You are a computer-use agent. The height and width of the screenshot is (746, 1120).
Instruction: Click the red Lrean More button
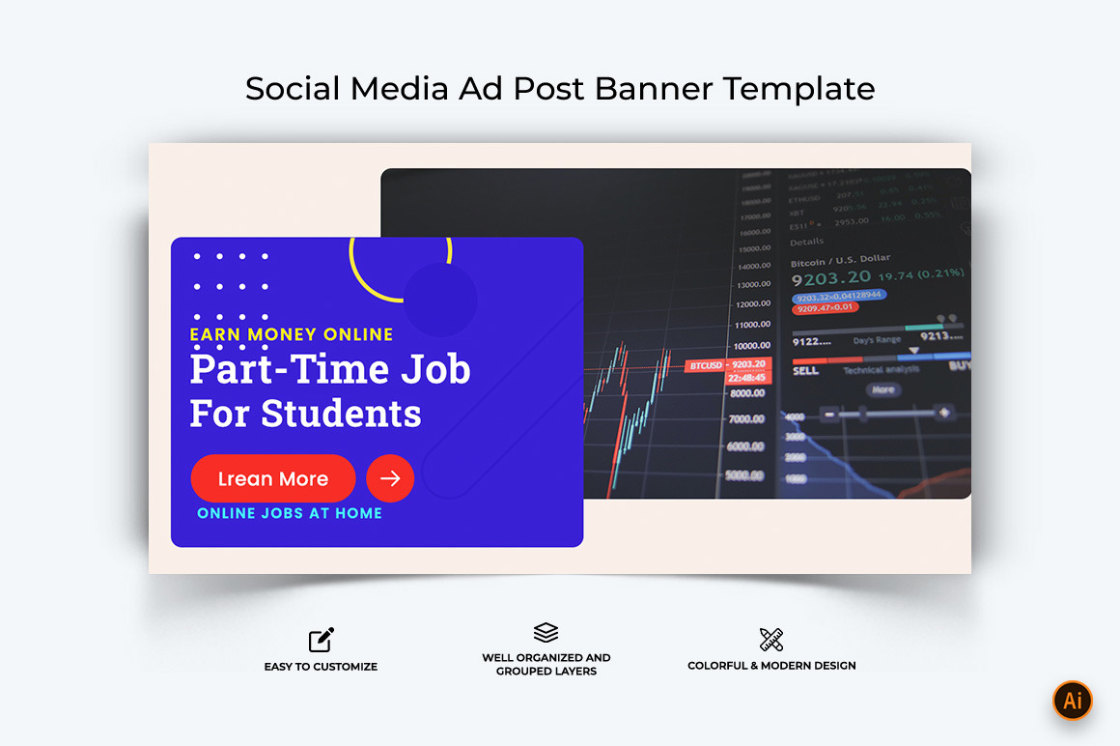click(x=273, y=478)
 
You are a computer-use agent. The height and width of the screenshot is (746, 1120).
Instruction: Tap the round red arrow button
click(x=390, y=478)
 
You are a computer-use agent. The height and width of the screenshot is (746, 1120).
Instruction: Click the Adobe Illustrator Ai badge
click(x=1072, y=701)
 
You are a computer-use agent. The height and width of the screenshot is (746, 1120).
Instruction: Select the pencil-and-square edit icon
click(x=322, y=640)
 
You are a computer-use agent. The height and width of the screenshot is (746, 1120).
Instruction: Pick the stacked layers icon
click(x=546, y=633)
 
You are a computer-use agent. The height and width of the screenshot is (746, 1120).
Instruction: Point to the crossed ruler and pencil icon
click(x=771, y=639)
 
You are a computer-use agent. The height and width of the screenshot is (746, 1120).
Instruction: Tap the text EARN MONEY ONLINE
click(x=292, y=334)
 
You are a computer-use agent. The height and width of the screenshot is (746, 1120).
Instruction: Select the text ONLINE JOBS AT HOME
click(x=290, y=513)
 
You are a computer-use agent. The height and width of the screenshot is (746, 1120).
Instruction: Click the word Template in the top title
click(x=799, y=88)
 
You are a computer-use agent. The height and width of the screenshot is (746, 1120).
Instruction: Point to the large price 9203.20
click(x=831, y=278)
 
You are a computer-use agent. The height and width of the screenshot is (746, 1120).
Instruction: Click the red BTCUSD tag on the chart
click(x=704, y=365)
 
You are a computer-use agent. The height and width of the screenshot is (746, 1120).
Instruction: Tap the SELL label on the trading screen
click(x=805, y=369)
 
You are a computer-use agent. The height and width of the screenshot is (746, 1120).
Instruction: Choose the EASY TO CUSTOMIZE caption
click(x=321, y=667)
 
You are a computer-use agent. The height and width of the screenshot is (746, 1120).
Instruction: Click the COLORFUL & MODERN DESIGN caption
click(x=771, y=666)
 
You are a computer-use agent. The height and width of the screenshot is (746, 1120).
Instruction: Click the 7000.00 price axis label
click(x=746, y=420)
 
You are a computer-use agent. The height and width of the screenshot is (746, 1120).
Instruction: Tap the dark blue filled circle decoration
click(x=440, y=299)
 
